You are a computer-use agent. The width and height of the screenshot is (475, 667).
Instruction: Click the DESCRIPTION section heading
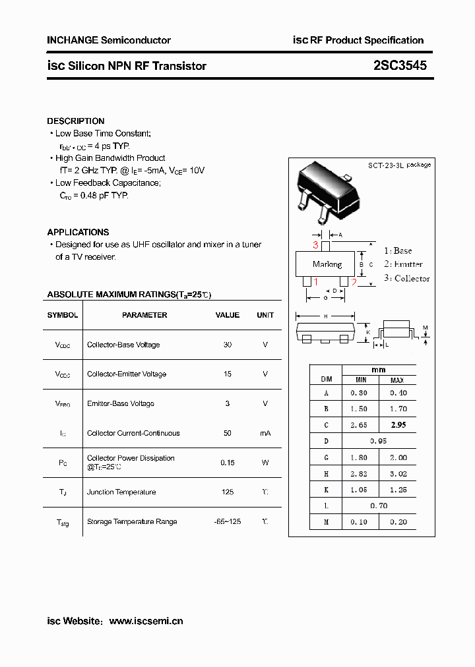click(76, 121)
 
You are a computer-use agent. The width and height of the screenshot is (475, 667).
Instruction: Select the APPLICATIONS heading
click(78, 232)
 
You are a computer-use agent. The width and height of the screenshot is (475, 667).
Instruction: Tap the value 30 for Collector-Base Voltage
click(228, 345)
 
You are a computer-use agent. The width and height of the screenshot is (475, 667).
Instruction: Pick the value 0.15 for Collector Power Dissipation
click(228, 463)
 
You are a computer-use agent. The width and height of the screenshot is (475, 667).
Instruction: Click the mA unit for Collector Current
click(265, 433)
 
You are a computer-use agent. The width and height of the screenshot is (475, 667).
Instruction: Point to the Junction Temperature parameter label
click(121, 492)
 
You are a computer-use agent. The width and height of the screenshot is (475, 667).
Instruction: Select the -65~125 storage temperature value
click(228, 521)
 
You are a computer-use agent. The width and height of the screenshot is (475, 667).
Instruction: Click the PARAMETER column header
click(144, 315)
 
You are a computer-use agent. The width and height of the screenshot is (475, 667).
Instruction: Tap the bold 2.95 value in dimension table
click(398, 425)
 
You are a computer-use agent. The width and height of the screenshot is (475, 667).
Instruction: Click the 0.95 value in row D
click(379, 441)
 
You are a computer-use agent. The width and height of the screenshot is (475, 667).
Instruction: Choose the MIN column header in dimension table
click(361, 380)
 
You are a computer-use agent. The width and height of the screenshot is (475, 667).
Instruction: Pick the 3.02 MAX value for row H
click(398, 473)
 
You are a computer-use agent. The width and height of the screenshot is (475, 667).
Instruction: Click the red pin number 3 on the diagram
click(316, 245)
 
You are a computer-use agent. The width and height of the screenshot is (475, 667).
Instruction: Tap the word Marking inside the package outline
click(327, 264)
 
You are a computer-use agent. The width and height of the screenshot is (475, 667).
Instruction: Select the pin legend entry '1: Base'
click(398, 250)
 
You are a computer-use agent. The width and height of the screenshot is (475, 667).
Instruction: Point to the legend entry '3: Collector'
click(406, 278)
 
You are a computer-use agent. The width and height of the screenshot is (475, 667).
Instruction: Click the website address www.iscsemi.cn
click(146, 621)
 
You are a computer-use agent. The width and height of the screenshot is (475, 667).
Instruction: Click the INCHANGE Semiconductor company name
click(109, 40)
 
